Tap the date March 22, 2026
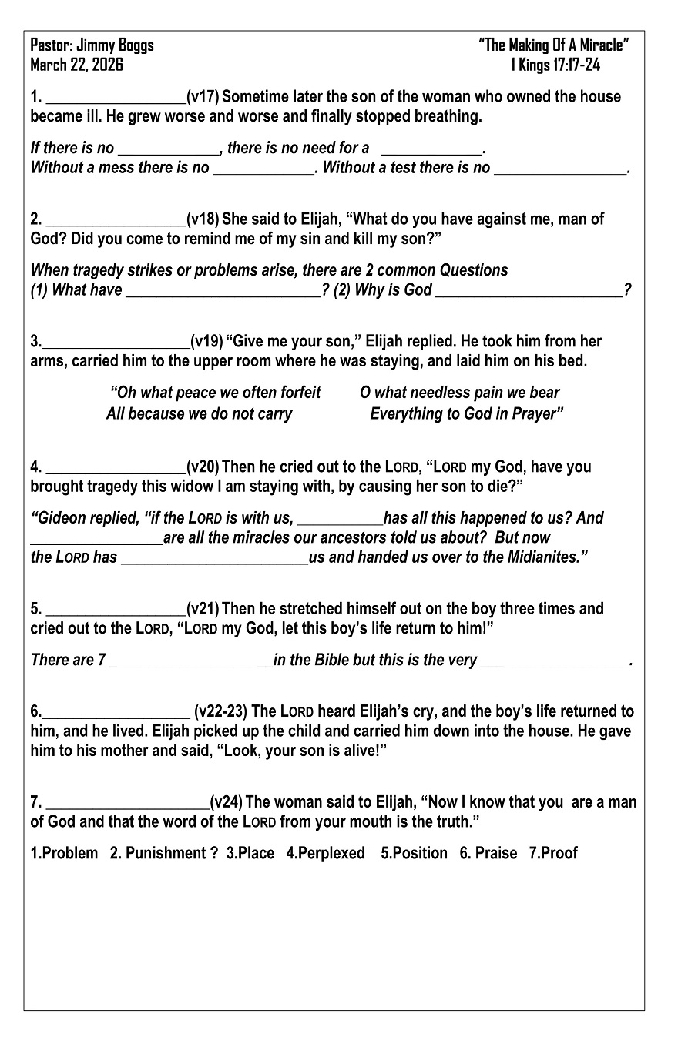pos(76,65)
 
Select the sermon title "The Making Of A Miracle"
pos(553,45)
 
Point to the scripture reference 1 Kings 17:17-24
pos(555,65)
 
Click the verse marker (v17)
pos(203,97)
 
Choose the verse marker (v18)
pos(203,219)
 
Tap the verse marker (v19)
pos(207,341)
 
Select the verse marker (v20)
pos(203,467)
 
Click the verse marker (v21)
pos(203,609)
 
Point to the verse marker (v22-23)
pos(221,711)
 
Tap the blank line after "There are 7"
pos(191,661)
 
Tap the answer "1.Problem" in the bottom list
pos(64,853)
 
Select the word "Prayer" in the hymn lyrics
pos(537,413)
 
